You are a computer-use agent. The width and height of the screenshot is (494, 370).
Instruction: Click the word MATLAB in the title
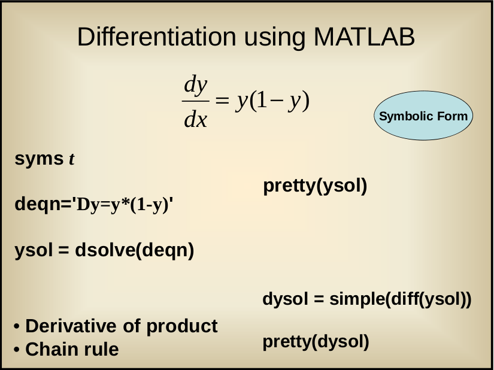(364, 37)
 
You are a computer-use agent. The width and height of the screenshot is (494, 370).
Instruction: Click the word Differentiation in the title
(156, 37)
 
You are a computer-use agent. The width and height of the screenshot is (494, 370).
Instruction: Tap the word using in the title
(275, 38)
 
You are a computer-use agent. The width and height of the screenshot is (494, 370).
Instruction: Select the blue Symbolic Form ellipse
(423, 116)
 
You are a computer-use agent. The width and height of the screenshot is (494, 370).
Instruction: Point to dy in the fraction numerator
(196, 84)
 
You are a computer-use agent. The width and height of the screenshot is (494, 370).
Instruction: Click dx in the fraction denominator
(196, 119)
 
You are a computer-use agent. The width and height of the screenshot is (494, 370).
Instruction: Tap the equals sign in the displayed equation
(222, 101)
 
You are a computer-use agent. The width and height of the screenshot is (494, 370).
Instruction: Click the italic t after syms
(72, 159)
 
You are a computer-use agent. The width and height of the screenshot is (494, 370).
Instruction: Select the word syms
(40, 159)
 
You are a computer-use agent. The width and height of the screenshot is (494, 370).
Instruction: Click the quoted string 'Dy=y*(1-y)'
(123, 205)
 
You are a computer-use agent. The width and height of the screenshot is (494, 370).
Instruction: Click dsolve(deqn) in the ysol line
(135, 250)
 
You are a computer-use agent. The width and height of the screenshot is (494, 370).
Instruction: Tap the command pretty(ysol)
(315, 186)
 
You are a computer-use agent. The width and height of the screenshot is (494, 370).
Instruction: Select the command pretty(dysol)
(316, 342)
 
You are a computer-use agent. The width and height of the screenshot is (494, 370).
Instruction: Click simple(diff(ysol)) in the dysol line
(401, 299)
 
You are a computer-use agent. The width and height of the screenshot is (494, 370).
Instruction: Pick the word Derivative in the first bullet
(71, 326)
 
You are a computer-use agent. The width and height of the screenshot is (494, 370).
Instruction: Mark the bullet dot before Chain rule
(17, 350)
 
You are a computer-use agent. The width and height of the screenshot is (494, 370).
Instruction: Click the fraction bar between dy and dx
(196, 101)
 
